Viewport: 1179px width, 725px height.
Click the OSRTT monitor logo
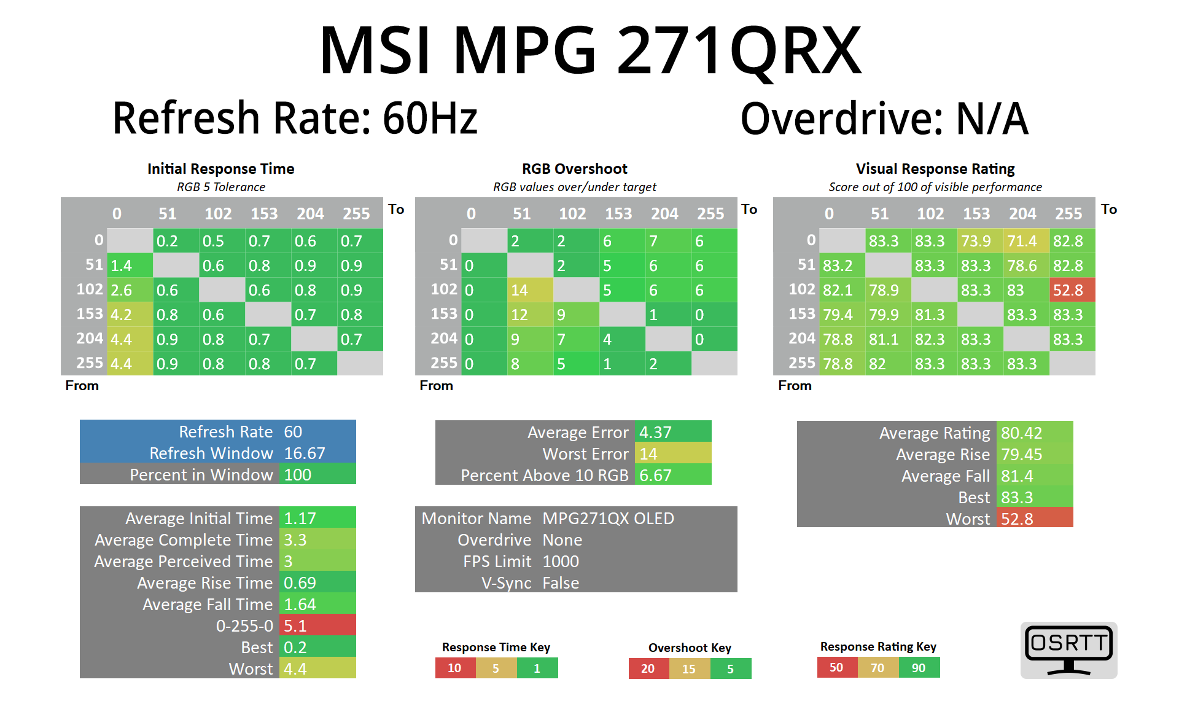point(1068,650)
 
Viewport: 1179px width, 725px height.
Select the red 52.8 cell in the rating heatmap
point(1072,290)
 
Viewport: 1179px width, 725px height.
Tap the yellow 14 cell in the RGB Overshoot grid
point(529,290)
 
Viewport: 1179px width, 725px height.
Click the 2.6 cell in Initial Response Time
point(130,290)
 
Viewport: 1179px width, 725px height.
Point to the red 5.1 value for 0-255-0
point(317,625)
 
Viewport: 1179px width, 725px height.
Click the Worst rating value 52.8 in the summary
point(1034,519)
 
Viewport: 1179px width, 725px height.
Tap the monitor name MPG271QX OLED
point(608,519)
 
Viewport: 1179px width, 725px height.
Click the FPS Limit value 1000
point(561,562)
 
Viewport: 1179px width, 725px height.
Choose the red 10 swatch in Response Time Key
point(455,668)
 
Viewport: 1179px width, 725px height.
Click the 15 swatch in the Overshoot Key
point(689,668)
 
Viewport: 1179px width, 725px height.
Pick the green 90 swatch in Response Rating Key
point(919,668)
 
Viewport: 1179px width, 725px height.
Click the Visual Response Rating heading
point(935,169)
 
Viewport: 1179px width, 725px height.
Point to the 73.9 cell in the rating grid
point(979,241)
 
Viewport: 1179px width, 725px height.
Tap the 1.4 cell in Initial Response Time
point(130,265)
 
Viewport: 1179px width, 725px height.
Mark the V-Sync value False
point(561,583)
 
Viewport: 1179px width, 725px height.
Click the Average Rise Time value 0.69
point(317,583)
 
